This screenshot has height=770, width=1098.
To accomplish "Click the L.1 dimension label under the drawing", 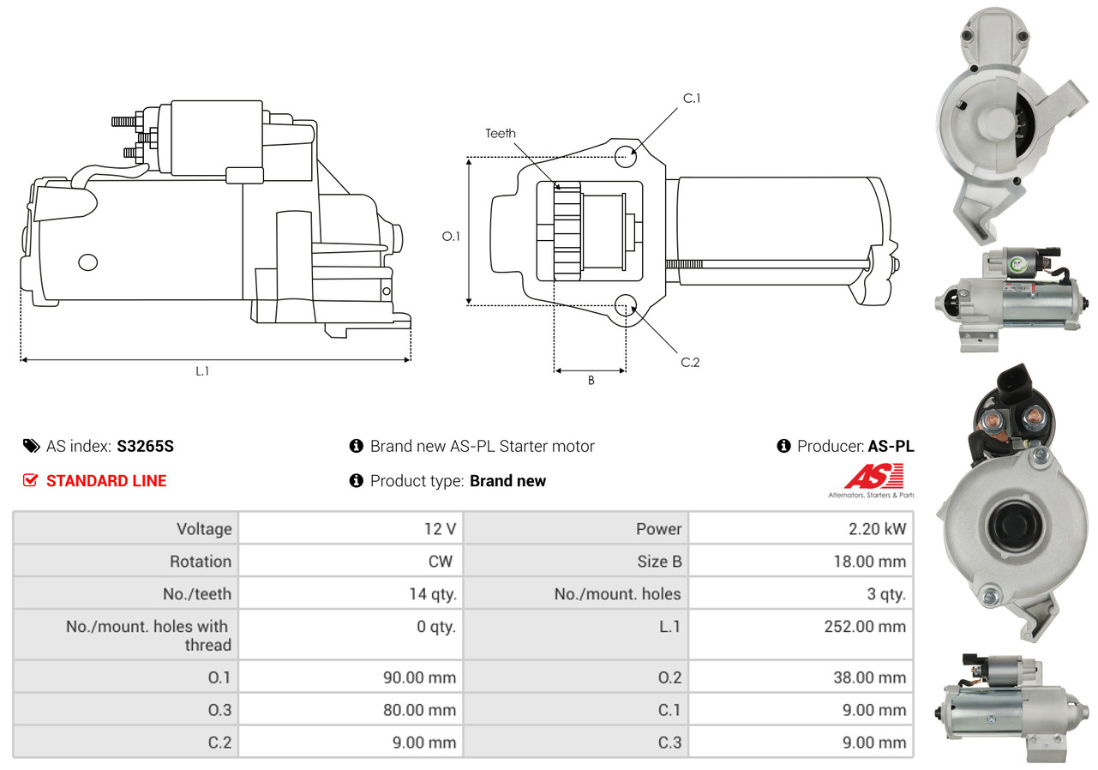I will [x=202, y=371].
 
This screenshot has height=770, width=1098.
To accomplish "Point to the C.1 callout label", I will [x=692, y=99].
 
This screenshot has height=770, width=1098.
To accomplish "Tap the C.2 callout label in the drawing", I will [x=690, y=363].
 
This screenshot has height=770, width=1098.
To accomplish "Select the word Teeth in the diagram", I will [x=501, y=133].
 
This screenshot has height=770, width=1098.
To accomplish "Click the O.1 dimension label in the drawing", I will [x=451, y=235].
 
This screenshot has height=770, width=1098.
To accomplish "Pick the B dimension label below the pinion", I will [x=591, y=381].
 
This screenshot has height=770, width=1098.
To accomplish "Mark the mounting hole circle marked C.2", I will [x=626, y=305].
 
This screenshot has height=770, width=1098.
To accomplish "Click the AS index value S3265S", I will [x=145, y=446].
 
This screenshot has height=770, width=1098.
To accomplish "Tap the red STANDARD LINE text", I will [x=106, y=481].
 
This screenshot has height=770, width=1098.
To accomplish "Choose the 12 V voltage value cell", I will [x=439, y=529].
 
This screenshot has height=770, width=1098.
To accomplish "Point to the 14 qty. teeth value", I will [x=433, y=594].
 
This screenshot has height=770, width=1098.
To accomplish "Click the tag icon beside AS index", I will [x=31, y=446].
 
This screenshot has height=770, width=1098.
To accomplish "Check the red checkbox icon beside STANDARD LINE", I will [x=31, y=481].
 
